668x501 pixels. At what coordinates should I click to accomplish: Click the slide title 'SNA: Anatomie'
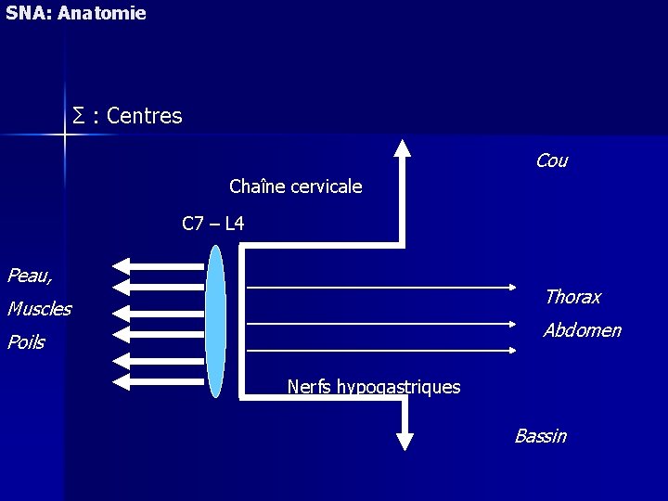tap(75, 14)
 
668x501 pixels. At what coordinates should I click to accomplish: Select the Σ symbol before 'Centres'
tap(79, 116)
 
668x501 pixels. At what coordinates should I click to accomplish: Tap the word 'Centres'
tap(145, 116)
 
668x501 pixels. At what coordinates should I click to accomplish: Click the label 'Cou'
tap(551, 161)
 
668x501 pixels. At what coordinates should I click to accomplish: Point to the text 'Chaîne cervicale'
tap(295, 186)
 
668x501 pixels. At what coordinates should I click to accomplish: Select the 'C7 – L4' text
tap(213, 224)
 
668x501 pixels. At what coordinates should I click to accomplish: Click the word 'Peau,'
tap(30, 275)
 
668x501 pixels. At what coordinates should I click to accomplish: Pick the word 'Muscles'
tap(39, 309)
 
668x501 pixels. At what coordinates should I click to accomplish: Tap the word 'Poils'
tap(26, 342)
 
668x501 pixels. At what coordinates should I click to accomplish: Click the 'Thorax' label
tap(572, 297)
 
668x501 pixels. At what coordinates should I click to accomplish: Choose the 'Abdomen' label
tap(582, 330)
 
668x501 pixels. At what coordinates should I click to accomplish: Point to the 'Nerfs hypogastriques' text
tap(374, 387)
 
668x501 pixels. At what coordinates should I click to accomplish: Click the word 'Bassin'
tap(540, 436)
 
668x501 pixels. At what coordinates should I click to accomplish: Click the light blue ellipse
tap(216, 321)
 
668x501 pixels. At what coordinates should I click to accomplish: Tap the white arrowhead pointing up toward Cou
tap(402, 148)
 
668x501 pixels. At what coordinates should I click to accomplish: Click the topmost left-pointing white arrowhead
tap(122, 266)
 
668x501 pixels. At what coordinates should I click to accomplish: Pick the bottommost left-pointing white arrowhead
tap(122, 380)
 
